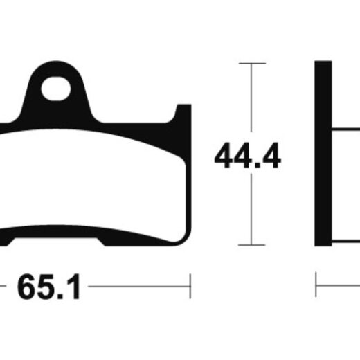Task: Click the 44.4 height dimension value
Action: [248, 156]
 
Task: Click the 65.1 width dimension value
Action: [48, 287]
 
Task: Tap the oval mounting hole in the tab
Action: [56, 89]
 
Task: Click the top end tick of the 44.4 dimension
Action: [252, 63]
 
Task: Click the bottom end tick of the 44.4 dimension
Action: [251, 245]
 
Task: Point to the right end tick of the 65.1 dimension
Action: [190, 286]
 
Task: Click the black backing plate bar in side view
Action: [323, 154]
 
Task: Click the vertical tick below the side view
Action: [316, 285]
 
